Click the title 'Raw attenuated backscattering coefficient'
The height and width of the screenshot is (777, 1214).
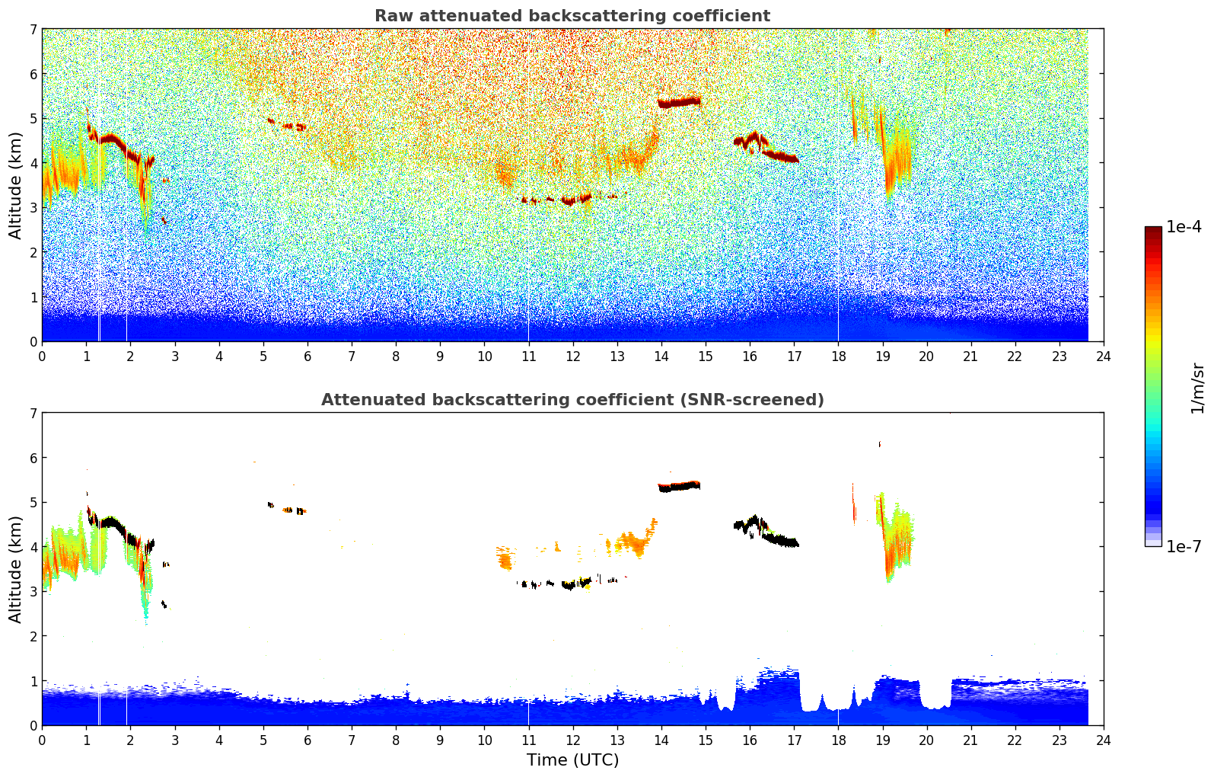(572, 16)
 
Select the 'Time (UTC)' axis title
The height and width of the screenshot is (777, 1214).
(572, 760)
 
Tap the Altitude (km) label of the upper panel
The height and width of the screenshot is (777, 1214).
(16, 185)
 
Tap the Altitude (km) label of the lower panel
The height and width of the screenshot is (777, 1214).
(16, 569)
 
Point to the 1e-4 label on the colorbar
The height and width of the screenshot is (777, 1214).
(1184, 227)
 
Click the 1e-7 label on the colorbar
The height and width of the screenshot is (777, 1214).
(1184, 546)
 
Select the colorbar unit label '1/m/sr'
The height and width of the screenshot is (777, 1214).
(1197, 388)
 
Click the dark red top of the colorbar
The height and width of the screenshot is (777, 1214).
(1153, 230)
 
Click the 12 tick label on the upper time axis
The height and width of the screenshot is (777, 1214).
(572, 356)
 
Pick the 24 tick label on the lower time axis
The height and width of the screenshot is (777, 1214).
(1104, 740)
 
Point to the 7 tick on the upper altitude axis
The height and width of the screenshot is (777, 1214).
(33, 30)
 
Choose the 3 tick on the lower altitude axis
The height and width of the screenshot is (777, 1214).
(33, 591)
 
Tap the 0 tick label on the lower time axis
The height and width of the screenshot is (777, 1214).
(42, 740)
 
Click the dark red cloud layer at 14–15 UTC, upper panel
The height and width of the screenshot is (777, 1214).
(679, 102)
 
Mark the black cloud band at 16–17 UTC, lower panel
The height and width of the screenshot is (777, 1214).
(780, 540)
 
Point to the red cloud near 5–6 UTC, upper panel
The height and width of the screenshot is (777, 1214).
(293, 126)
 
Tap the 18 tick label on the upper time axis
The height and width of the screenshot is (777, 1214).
(838, 356)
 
